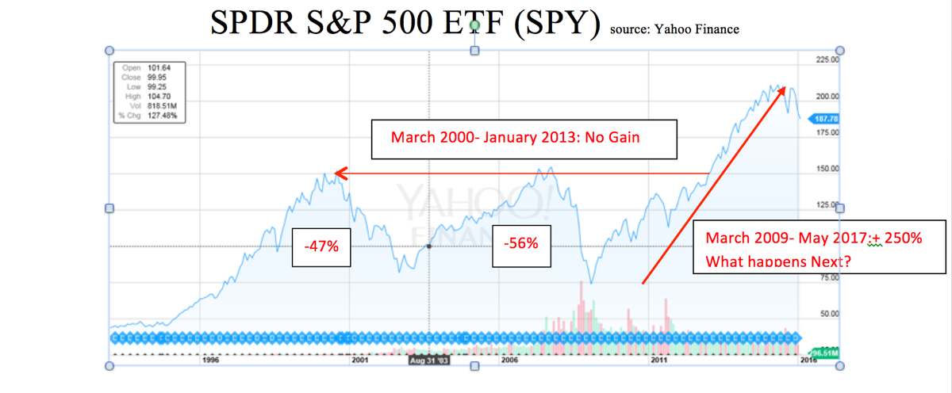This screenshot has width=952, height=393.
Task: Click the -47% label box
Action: point(321,246)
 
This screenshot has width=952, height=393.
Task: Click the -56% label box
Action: point(520,243)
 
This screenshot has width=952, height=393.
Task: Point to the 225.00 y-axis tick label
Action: point(827,59)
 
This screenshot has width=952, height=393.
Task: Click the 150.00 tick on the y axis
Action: point(827,169)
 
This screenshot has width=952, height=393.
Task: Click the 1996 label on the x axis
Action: point(210,360)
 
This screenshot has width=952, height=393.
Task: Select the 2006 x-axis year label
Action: point(509,360)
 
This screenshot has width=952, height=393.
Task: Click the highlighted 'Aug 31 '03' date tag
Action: point(429,360)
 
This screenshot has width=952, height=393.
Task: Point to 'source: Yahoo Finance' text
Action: point(674,29)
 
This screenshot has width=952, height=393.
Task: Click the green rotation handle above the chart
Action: point(475,26)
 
